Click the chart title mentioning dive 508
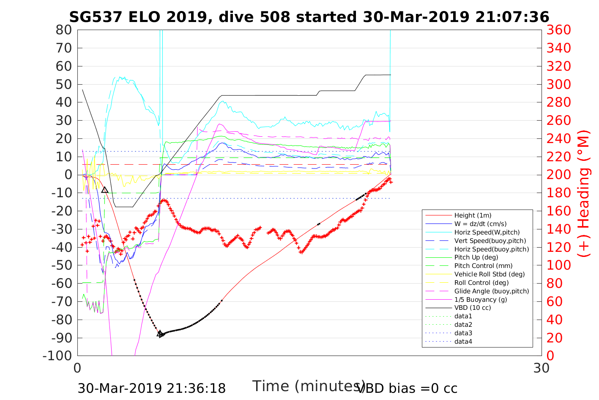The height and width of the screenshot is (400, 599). (x=309, y=17)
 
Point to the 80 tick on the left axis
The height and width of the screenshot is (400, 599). (x=64, y=30)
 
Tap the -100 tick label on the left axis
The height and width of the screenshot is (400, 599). (x=59, y=356)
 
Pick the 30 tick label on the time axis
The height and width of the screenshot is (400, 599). (x=542, y=368)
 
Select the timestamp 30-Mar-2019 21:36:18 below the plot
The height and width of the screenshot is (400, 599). (x=151, y=388)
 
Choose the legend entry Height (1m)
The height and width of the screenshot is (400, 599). (x=473, y=215)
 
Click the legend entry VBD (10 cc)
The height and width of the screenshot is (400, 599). (x=473, y=308)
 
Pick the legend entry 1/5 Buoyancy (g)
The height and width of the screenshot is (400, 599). (x=481, y=299)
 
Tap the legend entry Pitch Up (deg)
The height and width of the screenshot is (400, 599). (x=476, y=257)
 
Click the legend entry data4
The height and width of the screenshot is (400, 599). (x=463, y=341)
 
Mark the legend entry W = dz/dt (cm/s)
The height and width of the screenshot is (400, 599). (x=480, y=224)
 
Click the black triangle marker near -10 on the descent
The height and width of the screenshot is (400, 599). (x=105, y=190)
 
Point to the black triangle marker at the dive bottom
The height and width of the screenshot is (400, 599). (x=160, y=334)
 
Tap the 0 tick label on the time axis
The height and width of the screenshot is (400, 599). (x=78, y=368)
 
